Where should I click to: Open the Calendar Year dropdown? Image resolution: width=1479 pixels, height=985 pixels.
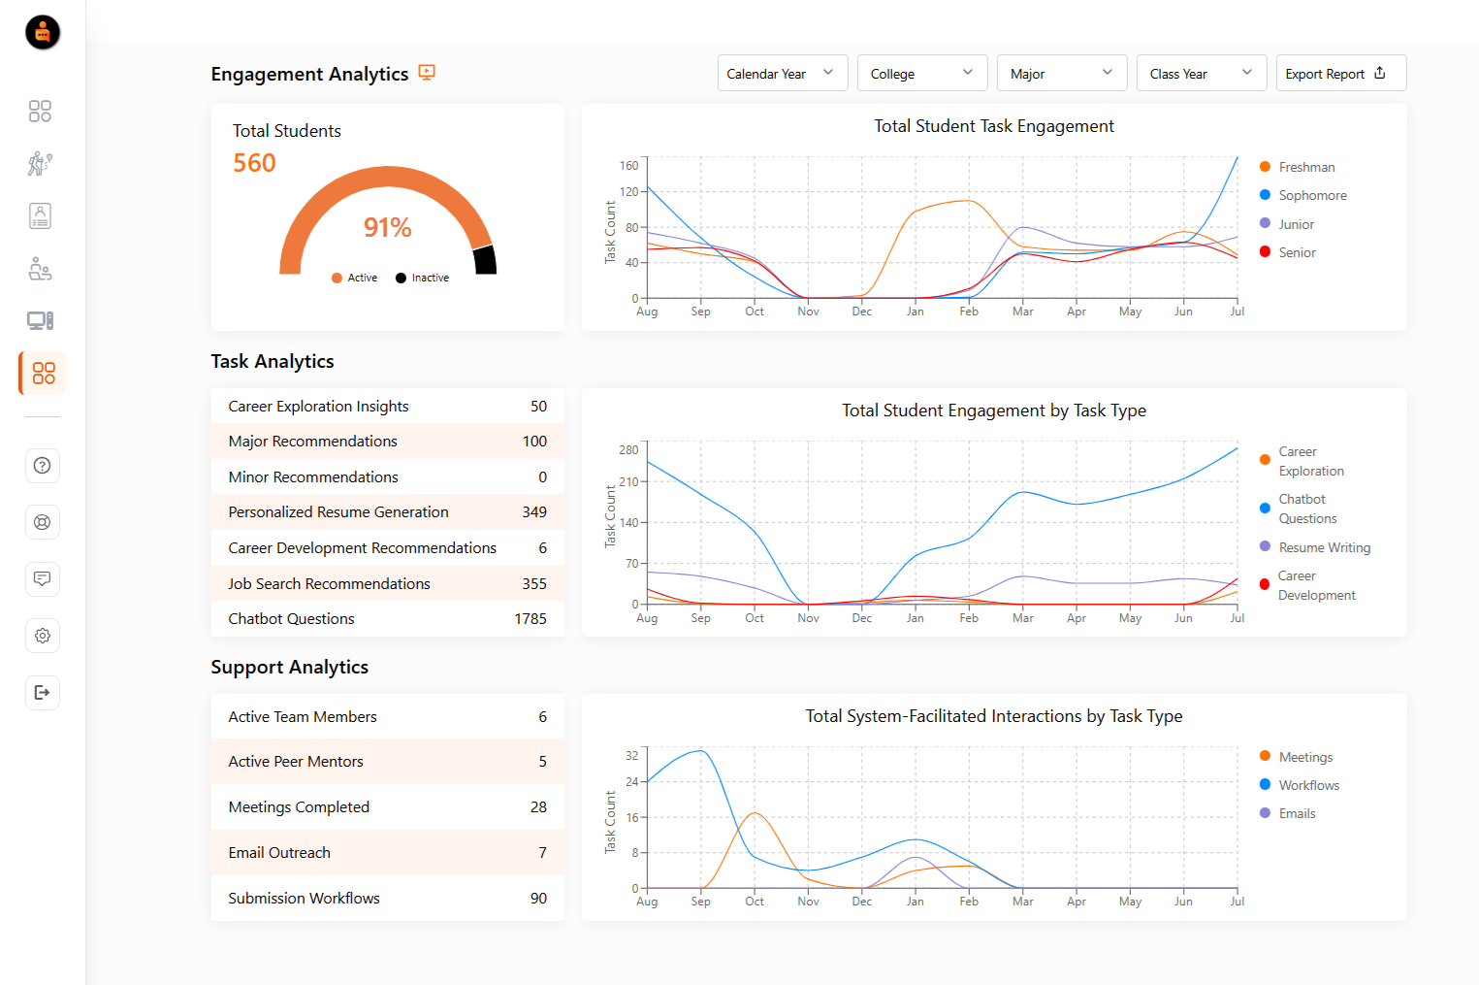(x=782, y=74)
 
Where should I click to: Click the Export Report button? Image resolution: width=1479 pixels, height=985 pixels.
(x=1340, y=74)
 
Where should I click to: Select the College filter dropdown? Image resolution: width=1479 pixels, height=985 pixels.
(x=921, y=74)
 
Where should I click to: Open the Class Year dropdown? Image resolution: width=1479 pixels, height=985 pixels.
(x=1201, y=74)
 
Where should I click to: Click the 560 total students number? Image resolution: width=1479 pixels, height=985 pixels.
(x=254, y=163)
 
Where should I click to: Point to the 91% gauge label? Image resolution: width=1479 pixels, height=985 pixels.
(x=387, y=227)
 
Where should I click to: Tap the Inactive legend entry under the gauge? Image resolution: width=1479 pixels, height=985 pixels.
(x=423, y=278)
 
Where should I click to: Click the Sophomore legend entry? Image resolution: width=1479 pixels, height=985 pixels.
(x=1311, y=195)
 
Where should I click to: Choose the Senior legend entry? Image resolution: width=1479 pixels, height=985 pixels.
(x=1296, y=252)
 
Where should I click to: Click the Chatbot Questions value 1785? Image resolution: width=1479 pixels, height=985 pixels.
(x=530, y=619)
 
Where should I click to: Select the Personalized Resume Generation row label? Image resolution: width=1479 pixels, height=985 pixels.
(x=338, y=512)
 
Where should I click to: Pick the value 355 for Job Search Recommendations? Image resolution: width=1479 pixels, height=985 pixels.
(x=533, y=583)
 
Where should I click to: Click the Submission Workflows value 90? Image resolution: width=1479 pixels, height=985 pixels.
(x=538, y=899)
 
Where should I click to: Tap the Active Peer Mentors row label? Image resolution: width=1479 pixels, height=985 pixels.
(x=296, y=762)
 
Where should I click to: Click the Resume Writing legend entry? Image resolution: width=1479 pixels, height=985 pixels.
(x=1323, y=547)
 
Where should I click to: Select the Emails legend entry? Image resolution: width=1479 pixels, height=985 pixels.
(x=1296, y=813)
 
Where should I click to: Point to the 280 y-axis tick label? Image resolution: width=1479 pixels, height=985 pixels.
(x=628, y=450)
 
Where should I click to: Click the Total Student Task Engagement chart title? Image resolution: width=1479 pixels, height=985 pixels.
(x=993, y=126)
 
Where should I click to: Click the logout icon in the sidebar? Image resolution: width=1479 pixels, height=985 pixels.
(x=42, y=692)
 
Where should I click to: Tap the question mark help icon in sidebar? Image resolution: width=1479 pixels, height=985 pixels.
(x=42, y=466)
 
